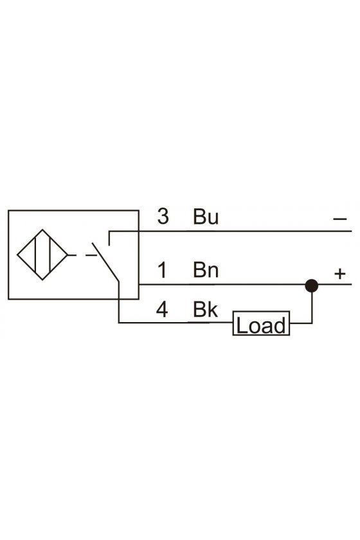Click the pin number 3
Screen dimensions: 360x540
[x=163, y=216]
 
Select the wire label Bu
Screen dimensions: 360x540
[x=206, y=217]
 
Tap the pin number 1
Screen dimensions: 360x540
[x=162, y=270]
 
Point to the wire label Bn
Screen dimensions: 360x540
[x=206, y=270]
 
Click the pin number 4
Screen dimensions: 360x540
[x=162, y=309]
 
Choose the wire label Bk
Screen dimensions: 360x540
[x=205, y=309]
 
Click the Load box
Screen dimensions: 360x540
[x=261, y=323]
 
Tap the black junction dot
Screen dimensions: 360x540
[x=311, y=285]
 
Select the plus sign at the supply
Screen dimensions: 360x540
[x=339, y=274]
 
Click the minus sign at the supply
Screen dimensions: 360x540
[x=339, y=219]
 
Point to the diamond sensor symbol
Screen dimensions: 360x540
[x=42, y=255]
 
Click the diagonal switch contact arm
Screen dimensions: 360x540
[x=105, y=262]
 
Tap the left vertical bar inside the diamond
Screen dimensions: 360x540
[x=35, y=255]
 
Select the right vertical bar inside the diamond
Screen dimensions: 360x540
[x=50, y=255]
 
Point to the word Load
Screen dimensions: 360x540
[x=261, y=325]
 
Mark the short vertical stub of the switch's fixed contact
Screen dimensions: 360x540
[x=109, y=239]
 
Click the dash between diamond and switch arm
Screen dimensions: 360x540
[x=91, y=255]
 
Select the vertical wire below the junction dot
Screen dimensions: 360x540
[x=312, y=308]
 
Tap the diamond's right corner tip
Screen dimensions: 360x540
[x=68, y=255]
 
